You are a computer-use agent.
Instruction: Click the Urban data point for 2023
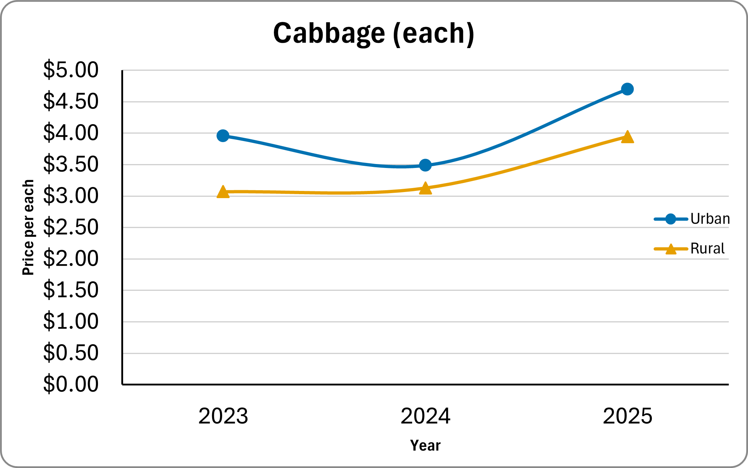click(x=223, y=136)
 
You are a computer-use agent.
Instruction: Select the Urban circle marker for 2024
click(x=425, y=165)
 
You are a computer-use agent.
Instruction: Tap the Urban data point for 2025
click(x=627, y=89)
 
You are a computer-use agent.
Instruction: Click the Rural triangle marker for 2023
click(x=223, y=192)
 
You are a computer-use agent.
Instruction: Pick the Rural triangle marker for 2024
click(x=425, y=188)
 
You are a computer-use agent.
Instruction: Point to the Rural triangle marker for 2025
click(x=627, y=137)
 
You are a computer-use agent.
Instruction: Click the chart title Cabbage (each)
click(x=374, y=33)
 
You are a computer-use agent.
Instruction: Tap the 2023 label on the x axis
click(x=223, y=416)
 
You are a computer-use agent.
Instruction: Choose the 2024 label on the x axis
click(x=425, y=416)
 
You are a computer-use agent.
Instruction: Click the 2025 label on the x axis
click(x=627, y=416)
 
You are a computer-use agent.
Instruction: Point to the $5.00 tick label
click(x=71, y=70)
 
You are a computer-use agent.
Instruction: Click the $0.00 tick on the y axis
click(x=71, y=384)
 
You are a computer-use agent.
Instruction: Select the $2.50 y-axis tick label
click(x=71, y=227)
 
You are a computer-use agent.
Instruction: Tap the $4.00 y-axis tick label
click(x=71, y=133)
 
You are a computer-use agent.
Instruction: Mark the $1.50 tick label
click(x=71, y=290)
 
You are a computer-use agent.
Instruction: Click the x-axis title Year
click(x=425, y=445)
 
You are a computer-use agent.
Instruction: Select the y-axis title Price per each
click(x=28, y=228)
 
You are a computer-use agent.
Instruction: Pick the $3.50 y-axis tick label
click(x=71, y=164)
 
